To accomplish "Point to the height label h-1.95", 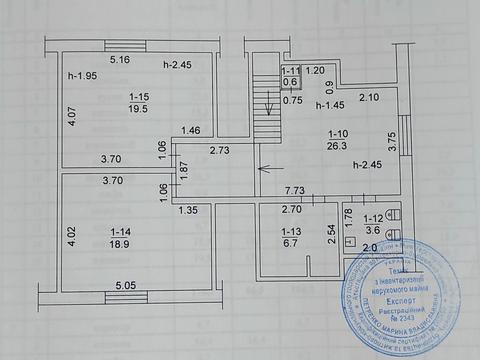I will (x=82, y=77).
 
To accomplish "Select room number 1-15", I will (x=138, y=96).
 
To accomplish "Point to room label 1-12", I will (x=372, y=218).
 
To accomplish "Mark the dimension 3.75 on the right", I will (x=394, y=141).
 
